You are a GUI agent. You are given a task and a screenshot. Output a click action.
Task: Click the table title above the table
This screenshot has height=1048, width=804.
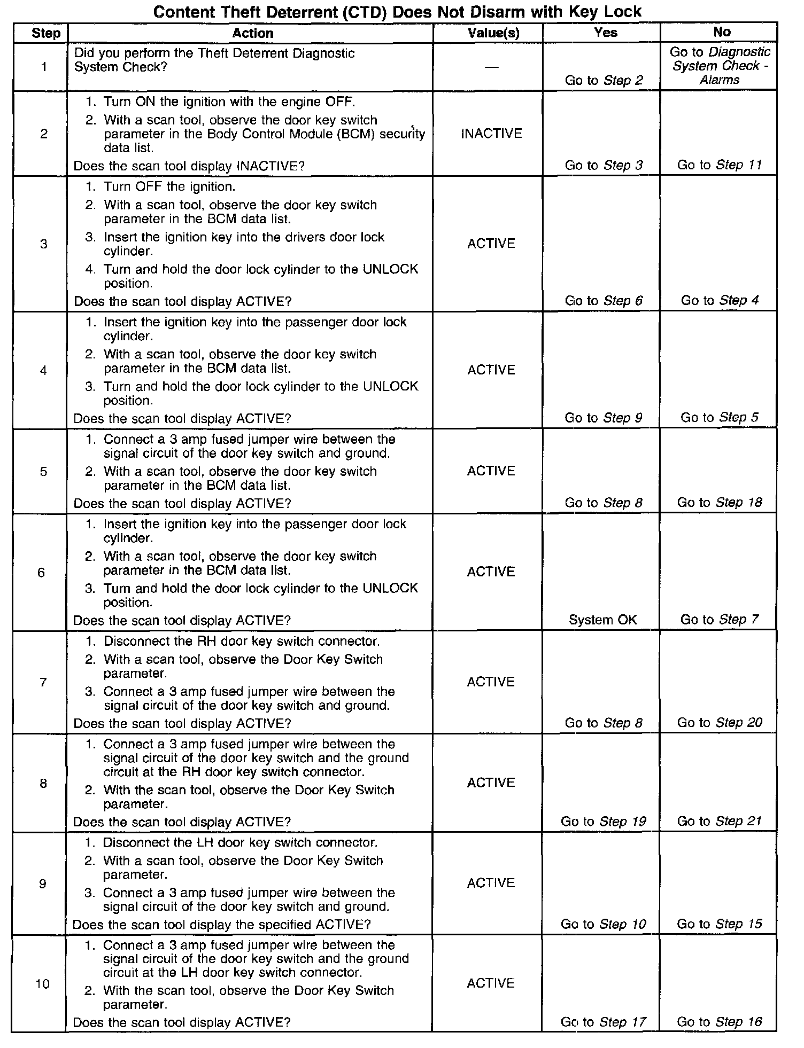[397, 12]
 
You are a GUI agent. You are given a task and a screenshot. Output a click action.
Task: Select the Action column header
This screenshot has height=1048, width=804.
[252, 33]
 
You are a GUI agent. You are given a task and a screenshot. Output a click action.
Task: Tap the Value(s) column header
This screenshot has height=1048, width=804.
[493, 33]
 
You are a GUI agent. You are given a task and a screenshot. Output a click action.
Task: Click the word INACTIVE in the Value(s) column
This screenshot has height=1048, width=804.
[491, 134]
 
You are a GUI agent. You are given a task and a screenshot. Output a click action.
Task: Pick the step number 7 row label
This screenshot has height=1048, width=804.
[43, 682]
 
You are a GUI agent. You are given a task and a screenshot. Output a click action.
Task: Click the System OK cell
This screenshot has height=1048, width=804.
[602, 620]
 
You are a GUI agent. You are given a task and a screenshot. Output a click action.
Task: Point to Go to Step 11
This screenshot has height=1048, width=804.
[719, 165]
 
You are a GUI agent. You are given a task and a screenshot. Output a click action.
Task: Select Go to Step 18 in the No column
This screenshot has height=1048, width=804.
[719, 503]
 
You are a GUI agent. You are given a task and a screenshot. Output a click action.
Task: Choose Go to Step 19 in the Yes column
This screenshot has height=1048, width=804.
[603, 822]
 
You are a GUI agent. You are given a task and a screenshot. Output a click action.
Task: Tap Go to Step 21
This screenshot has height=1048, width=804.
[719, 822]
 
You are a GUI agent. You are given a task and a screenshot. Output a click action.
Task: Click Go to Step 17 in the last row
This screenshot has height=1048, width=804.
[603, 1022]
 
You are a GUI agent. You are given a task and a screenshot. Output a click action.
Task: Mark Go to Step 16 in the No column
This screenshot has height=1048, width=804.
[719, 1022]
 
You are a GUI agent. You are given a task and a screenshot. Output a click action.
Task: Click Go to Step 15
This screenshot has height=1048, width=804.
[719, 924]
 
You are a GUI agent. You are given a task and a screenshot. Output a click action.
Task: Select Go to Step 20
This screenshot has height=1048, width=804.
[719, 723]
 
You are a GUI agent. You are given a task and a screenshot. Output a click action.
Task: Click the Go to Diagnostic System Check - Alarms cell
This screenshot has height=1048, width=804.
[720, 66]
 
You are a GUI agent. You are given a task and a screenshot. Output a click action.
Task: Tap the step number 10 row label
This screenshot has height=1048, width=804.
[43, 984]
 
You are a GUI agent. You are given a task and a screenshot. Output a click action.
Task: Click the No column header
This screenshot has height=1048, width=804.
[721, 33]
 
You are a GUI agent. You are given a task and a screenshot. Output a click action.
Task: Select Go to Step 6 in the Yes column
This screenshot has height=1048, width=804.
[604, 301]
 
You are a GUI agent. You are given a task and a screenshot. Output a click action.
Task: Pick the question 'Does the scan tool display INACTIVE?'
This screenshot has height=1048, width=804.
[189, 166]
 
